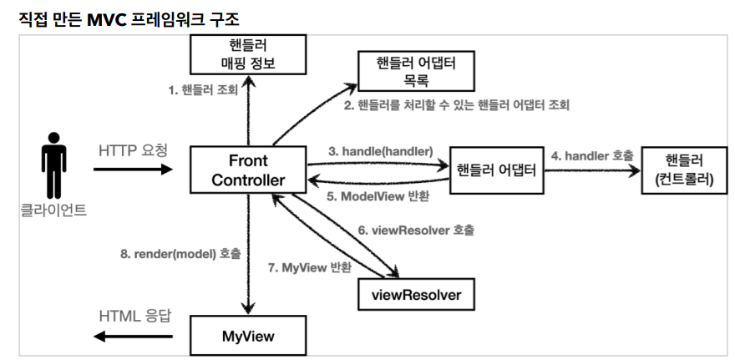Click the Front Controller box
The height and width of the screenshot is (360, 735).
pyautogui.click(x=248, y=170)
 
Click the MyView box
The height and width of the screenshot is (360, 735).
pyautogui.click(x=248, y=337)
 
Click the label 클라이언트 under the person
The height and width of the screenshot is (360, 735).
pyautogui.click(x=53, y=210)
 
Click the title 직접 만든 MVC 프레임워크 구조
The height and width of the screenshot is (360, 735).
pyautogui.click(x=136, y=17)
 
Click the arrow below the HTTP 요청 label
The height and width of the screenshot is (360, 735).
pyautogui.click(x=133, y=170)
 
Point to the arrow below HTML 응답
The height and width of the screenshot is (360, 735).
pyautogui.click(x=134, y=337)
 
